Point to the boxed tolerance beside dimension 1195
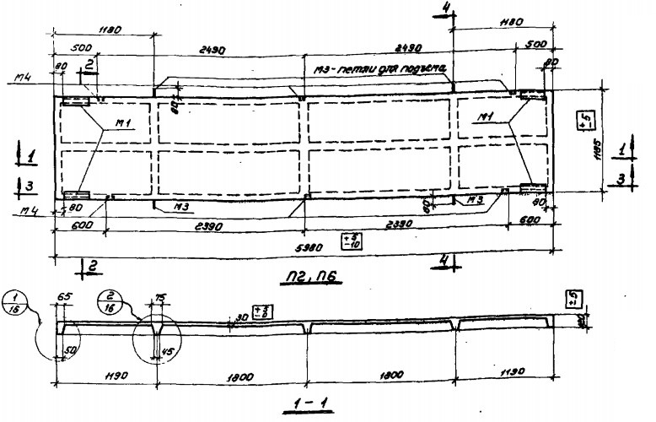[x=583, y=119]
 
